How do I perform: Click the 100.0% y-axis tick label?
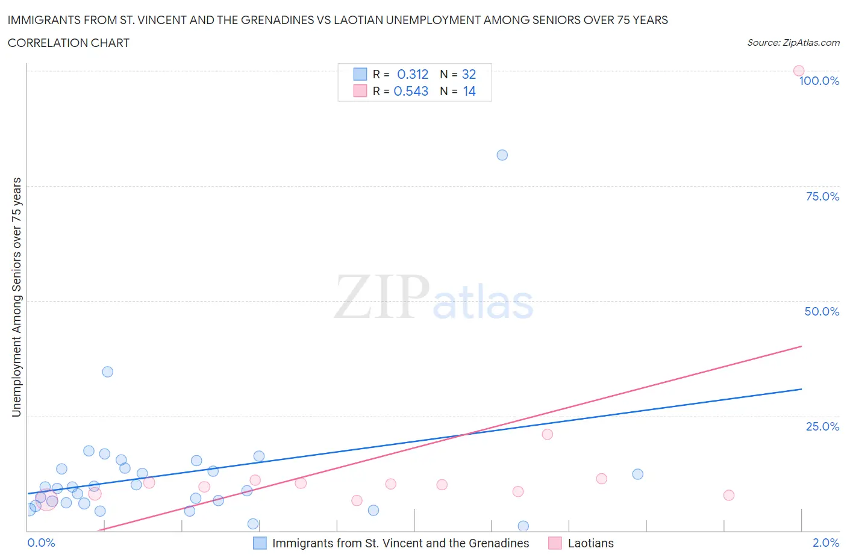pyautogui.click(x=819, y=81)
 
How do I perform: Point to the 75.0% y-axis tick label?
pyautogui.click(x=822, y=196)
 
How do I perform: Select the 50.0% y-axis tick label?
pyautogui.click(x=822, y=311)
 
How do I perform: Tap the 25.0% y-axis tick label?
pyautogui.click(x=822, y=426)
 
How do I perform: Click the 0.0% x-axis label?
pyautogui.click(x=41, y=543)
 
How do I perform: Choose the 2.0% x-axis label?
pyautogui.click(x=825, y=543)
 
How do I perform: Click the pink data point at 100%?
pyautogui.click(x=799, y=71)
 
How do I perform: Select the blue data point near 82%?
pyautogui.click(x=502, y=155)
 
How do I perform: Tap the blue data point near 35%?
pyautogui.click(x=108, y=372)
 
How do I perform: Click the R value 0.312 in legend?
pyautogui.click(x=413, y=74)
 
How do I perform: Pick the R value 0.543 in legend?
pyautogui.click(x=411, y=91)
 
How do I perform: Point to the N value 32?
pyautogui.click(x=469, y=74)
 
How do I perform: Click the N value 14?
pyautogui.click(x=469, y=91)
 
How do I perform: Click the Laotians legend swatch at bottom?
pyautogui.click(x=555, y=543)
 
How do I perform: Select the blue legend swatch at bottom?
pyautogui.click(x=260, y=543)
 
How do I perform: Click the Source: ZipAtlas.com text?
pyautogui.click(x=793, y=42)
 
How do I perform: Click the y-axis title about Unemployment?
pyautogui.click(x=16, y=297)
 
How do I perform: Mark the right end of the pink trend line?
pyautogui.click(x=801, y=346)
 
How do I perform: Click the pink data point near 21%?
pyautogui.click(x=547, y=434)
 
